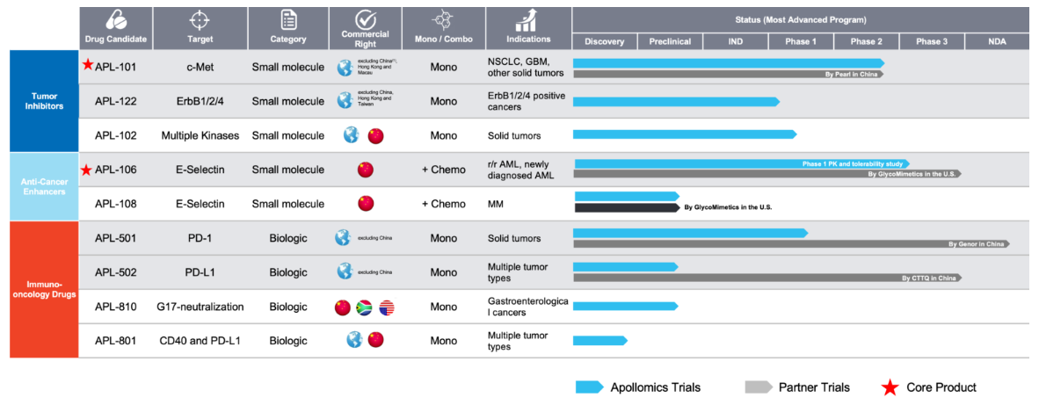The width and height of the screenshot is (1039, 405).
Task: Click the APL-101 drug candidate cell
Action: tap(115, 66)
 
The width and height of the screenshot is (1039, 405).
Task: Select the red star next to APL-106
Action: tap(87, 170)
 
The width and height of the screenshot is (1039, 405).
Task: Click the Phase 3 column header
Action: tap(931, 41)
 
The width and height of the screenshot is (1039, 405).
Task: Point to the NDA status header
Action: tap(996, 41)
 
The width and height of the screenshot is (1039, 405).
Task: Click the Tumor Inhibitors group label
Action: tap(43, 100)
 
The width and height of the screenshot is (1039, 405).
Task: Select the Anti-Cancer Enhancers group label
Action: tap(43, 186)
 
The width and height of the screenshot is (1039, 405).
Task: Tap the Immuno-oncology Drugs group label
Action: tap(43, 289)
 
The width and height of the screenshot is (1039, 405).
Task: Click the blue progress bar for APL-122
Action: tap(675, 102)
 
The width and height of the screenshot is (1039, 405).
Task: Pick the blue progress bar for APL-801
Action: tap(600, 340)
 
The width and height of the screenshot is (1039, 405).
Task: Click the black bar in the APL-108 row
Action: tap(627, 207)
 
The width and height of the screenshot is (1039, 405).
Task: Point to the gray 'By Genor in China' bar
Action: tap(791, 243)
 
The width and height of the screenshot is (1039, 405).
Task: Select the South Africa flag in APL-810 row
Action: tap(363, 307)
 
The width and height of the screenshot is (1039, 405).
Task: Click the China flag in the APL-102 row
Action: tap(375, 135)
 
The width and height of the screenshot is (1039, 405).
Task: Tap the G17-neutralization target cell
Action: tap(201, 307)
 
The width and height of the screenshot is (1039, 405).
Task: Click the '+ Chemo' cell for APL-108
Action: tap(443, 204)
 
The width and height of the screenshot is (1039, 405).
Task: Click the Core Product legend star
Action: tap(890, 387)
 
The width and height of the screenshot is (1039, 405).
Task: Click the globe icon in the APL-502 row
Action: tap(344, 272)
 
